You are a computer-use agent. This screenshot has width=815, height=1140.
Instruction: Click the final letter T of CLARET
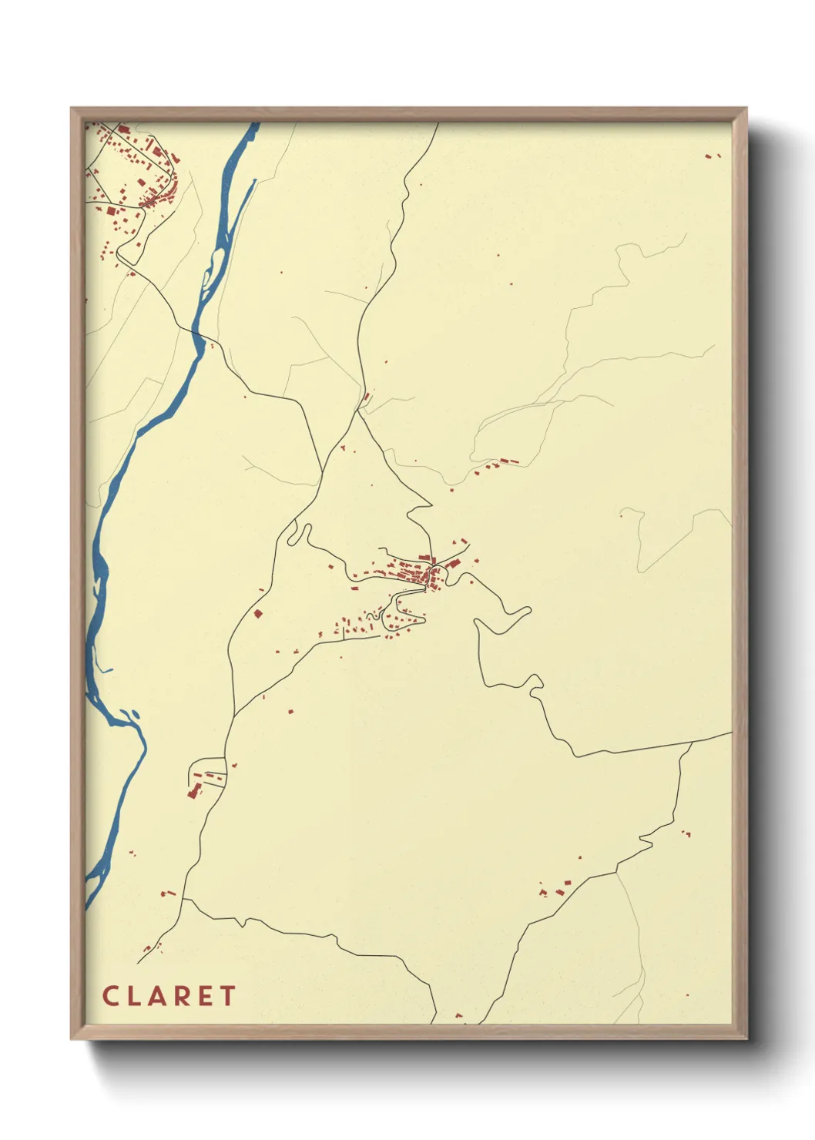click(x=227, y=996)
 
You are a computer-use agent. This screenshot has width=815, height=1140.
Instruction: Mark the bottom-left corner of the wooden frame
click(x=72, y=1038)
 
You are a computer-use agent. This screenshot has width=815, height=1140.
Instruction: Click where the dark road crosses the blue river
click(x=197, y=334)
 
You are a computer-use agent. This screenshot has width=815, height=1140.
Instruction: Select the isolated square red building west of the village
click(x=258, y=613)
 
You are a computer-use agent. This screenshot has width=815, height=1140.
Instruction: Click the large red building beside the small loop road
click(x=193, y=791)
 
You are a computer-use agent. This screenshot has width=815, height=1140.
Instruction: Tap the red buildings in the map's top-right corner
click(x=713, y=156)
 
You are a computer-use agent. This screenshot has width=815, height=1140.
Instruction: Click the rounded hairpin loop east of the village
click(x=526, y=612)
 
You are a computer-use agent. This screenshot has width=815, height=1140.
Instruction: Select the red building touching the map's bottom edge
click(x=458, y=1017)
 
